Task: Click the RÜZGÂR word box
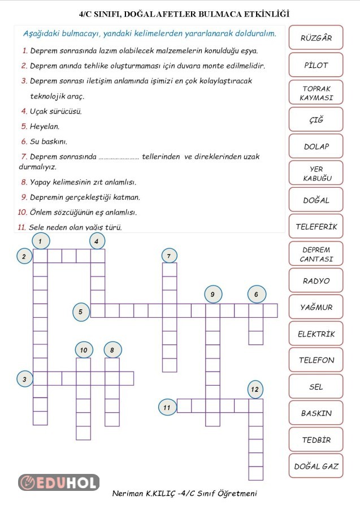(316, 38)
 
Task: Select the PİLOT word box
(316, 65)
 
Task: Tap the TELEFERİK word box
(316, 227)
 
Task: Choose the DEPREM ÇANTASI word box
(316, 254)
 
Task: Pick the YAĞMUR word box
(316, 307)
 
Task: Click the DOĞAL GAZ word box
(316, 467)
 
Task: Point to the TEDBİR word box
(316, 439)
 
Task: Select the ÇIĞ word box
(316, 119)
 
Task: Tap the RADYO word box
(316, 281)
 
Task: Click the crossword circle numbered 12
(255, 389)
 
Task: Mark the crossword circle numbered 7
(169, 256)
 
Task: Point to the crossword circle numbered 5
(81, 311)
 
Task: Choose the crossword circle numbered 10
(84, 351)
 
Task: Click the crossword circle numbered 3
(25, 379)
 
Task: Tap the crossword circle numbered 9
(212, 294)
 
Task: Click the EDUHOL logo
(59, 482)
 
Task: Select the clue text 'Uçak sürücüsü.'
(55, 111)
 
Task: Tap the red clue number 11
(21, 227)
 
